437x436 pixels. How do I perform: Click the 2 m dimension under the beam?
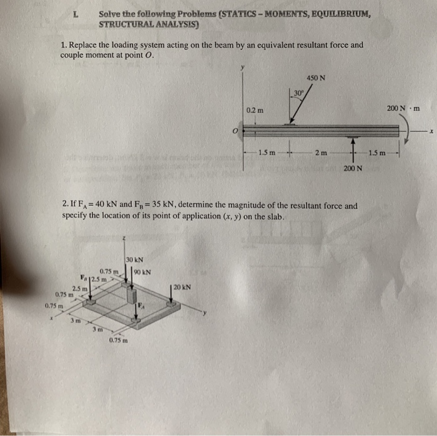pyautogui.click(x=321, y=153)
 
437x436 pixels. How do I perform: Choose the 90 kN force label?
pyautogui.click(x=142, y=271)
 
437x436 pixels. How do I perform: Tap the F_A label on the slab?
pyautogui.click(x=141, y=306)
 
